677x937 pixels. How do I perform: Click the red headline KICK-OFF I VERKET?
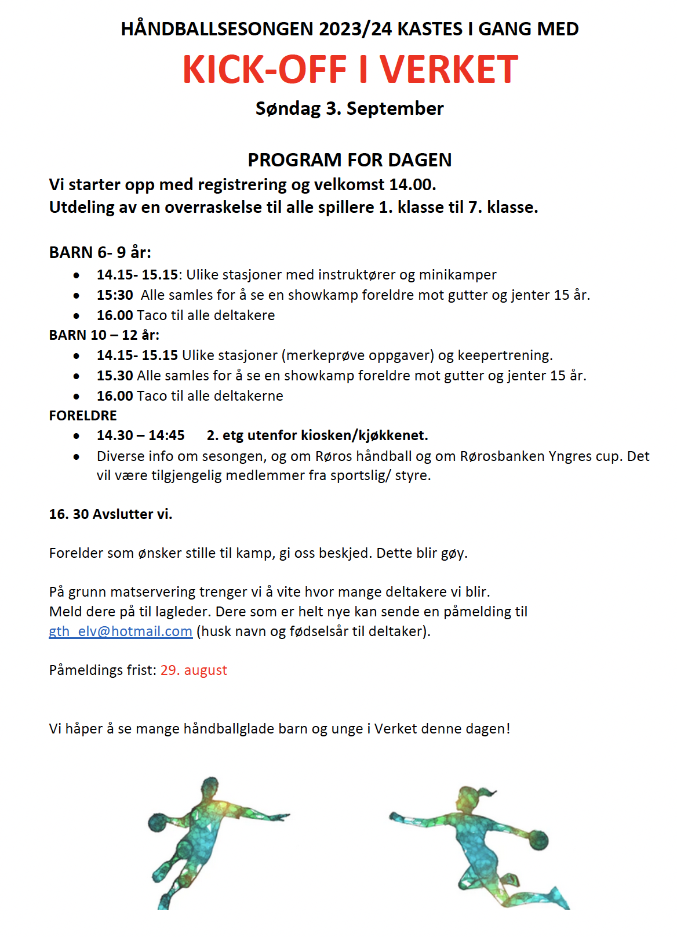[350, 70]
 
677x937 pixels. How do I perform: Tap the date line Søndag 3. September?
[350, 108]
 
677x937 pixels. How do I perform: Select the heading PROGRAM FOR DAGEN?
[350, 159]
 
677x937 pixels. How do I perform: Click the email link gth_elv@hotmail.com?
[121, 631]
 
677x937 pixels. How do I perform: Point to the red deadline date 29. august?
[194, 670]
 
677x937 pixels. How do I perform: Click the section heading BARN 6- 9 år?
[100, 252]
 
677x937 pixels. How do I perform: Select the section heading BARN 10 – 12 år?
[104, 335]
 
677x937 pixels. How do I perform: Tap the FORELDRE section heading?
[83, 415]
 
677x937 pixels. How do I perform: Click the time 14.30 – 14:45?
[141, 435]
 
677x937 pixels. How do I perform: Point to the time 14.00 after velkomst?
[412, 184]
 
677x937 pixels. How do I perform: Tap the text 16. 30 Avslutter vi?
[111, 514]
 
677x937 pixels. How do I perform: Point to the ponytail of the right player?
[489, 792]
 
